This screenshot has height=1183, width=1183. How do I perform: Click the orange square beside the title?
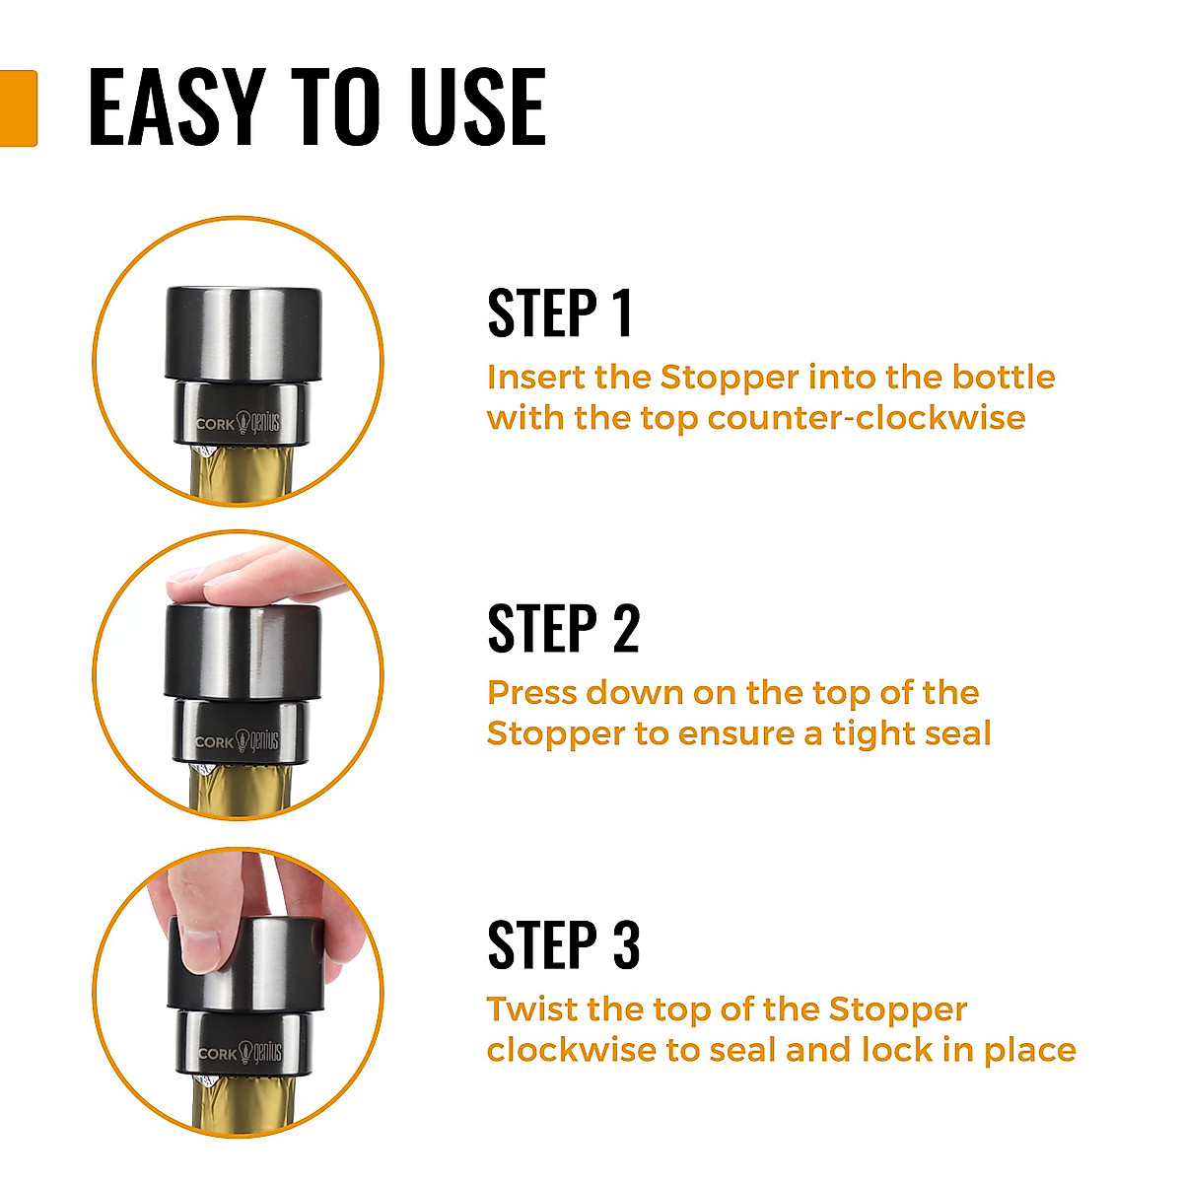[x=18, y=108]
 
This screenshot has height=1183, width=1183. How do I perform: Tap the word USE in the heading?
[x=477, y=108]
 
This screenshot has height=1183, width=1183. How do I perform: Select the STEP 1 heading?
[x=560, y=314]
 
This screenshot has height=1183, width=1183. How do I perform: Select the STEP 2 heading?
[x=563, y=630]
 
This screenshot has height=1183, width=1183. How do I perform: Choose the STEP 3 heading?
[x=563, y=945]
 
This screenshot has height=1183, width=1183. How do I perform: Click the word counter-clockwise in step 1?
[x=867, y=418]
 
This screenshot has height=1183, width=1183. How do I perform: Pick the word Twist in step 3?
[x=530, y=1009]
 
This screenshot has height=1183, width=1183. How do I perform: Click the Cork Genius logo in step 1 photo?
[x=239, y=423]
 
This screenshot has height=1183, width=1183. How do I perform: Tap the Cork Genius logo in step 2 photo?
[x=238, y=740]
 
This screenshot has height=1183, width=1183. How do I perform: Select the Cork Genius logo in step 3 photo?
[x=240, y=1053]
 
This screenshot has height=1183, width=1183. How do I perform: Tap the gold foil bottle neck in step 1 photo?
[x=241, y=478]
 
